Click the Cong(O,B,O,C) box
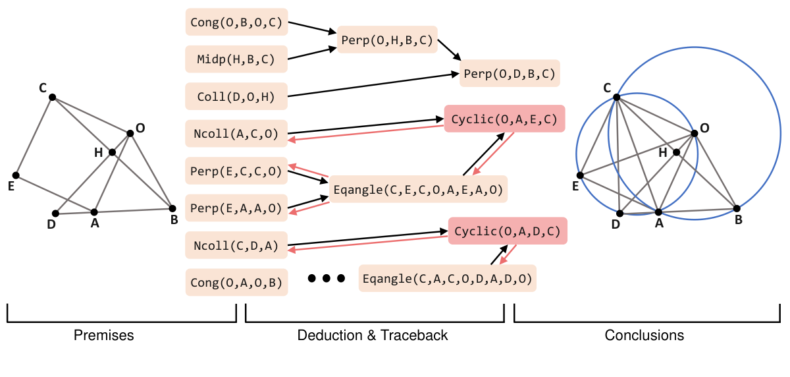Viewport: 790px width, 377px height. coord(236,22)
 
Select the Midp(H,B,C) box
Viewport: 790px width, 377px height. coord(236,59)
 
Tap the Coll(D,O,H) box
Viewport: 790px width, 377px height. coord(236,96)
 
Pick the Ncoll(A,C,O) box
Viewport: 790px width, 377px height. coord(236,134)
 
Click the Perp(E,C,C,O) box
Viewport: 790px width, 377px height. coord(236,171)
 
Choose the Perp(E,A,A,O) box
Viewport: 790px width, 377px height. coord(236,208)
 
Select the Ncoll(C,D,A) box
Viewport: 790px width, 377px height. coord(236,246)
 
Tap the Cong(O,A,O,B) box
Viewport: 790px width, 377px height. coord(236,283)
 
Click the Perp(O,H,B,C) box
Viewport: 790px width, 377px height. coord(387,40)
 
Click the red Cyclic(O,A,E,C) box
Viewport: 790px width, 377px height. coord(504,119)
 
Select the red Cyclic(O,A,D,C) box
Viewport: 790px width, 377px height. coord(507,231)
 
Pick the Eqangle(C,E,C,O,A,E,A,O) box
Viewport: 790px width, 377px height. coord(418,190)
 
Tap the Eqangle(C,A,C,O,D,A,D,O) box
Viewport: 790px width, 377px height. coord(448,278)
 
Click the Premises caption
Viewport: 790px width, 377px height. coord(103,335)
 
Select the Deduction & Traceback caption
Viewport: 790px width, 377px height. coord(373,335)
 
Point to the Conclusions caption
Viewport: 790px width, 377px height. coord(644,335)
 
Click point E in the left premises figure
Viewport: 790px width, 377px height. coord(16,175)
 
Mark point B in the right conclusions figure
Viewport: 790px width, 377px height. coord(736,209)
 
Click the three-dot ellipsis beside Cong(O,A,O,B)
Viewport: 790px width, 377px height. coord(327,279)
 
